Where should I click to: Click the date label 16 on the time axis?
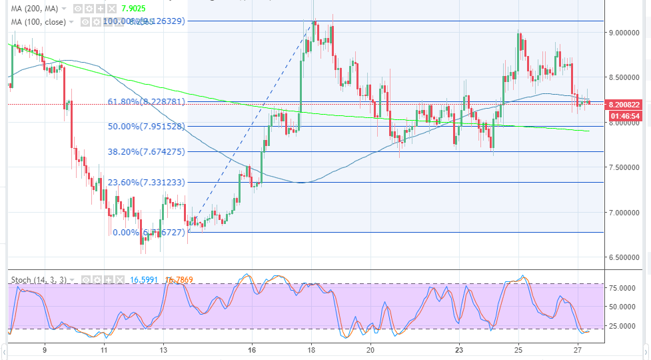(x=251, y=349)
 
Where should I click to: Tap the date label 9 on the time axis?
(x=45, y=349)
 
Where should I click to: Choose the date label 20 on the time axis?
(x=370, y=349)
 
